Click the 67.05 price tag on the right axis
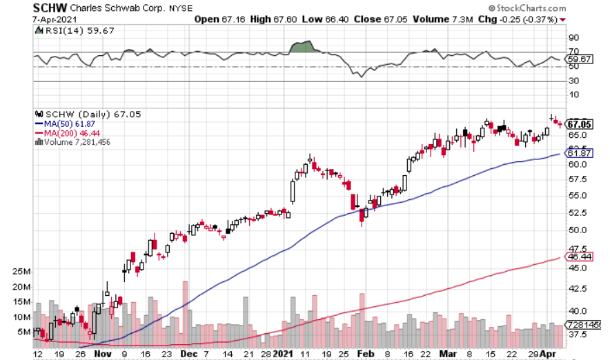(579, 124)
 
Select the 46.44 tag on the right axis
(578, 257)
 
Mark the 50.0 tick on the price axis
(575, 230)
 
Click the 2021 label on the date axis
(283, 353)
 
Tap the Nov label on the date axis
(102, 353)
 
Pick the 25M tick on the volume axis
(21, 272)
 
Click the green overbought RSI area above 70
(302, 47)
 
